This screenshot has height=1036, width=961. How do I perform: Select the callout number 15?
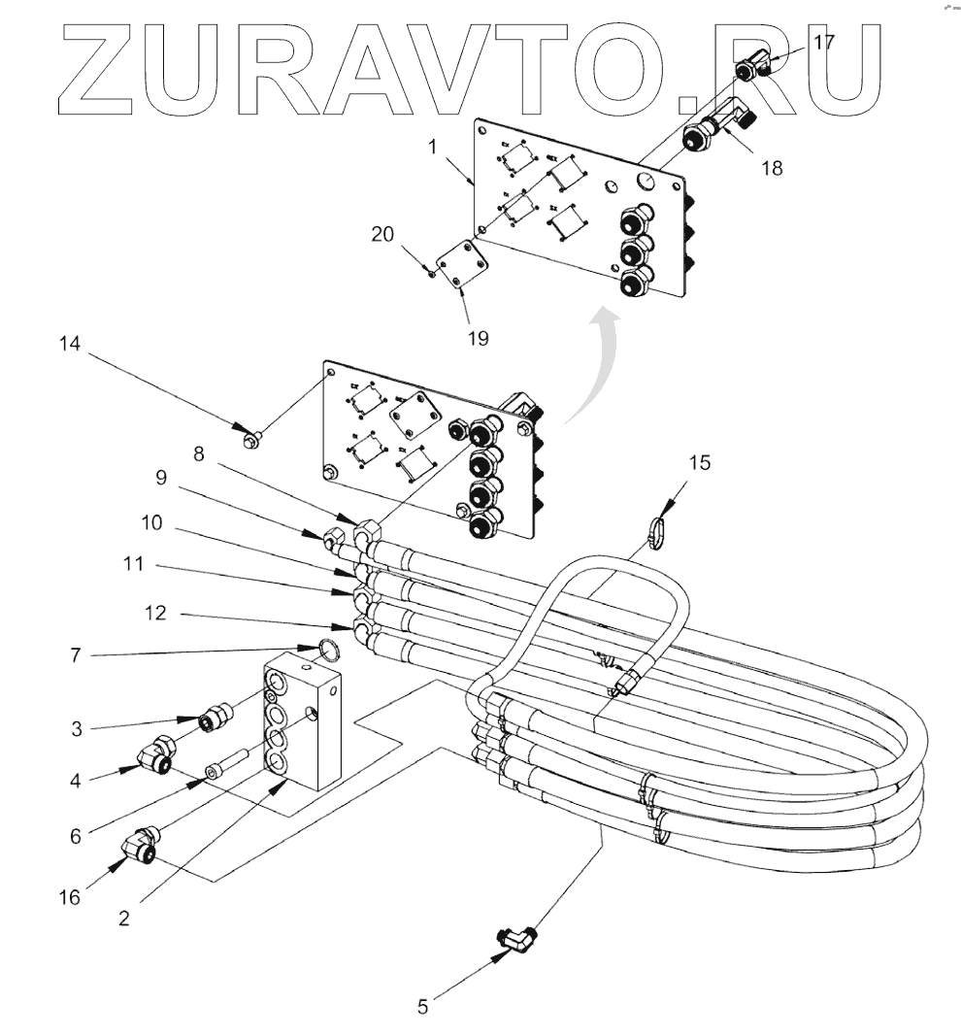[x=700, y=464]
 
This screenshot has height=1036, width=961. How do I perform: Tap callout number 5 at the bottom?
[x=422, y=1007]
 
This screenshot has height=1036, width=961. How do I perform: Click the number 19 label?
[x=478, y=339]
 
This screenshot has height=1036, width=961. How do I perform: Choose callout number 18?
[x=772, y=167]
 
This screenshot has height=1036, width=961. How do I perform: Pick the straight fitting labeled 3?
[x=212, y=720]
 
